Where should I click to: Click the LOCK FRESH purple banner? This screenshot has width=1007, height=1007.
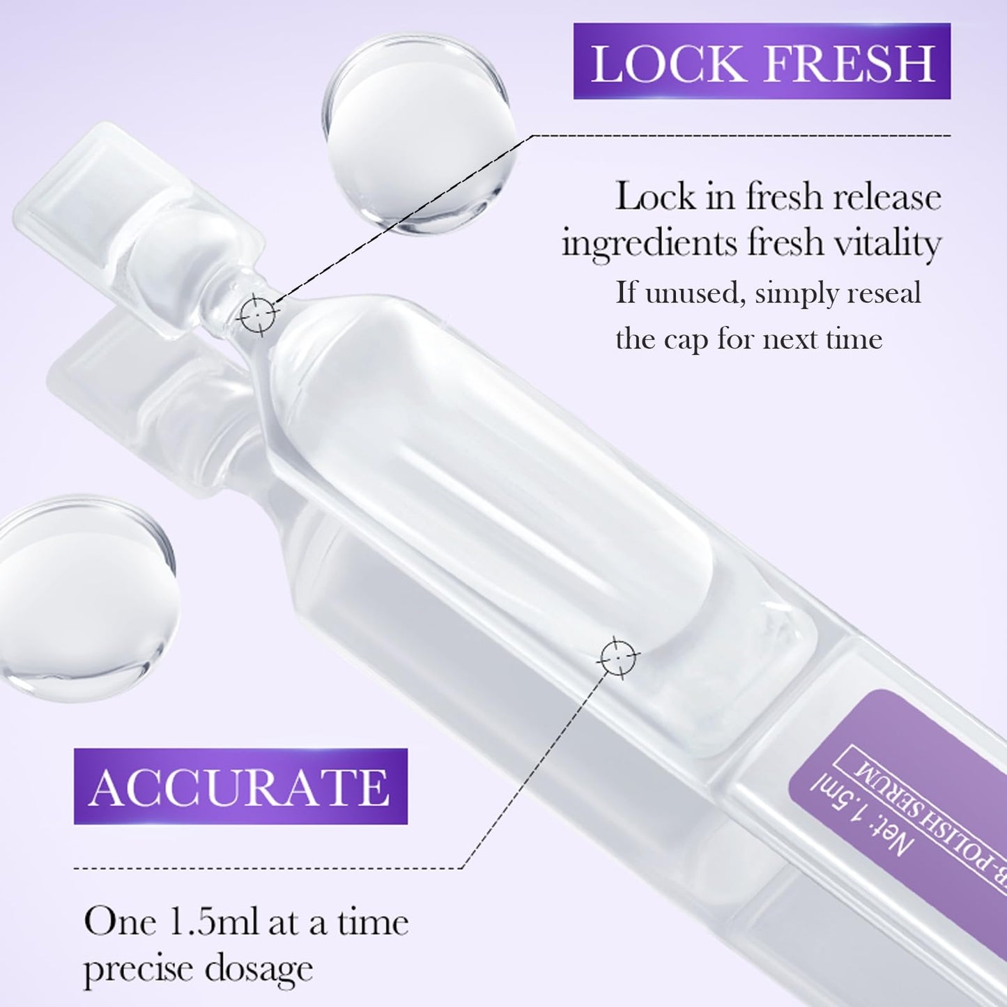[762, 61]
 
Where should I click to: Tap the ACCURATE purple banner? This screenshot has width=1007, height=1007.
[240, 786]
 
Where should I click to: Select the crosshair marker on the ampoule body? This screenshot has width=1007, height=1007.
[617, 656]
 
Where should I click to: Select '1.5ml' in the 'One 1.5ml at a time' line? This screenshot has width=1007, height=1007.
[213, 923]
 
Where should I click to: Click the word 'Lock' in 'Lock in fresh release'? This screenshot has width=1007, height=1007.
[655, 197]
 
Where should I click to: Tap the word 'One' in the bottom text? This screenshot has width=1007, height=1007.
[120, 923]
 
